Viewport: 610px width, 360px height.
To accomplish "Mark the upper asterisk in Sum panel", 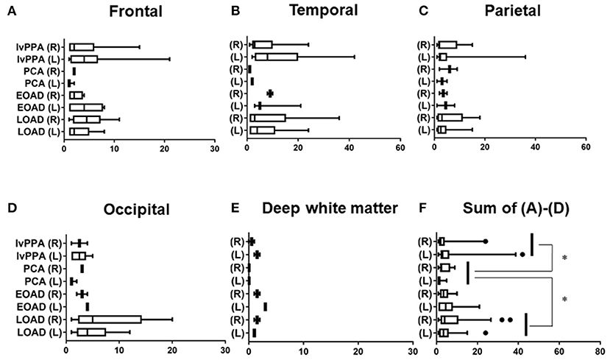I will (564, 258).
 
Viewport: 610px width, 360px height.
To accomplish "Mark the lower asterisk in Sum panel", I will (564, 300).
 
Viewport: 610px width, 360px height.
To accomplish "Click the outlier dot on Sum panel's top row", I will (486, 241).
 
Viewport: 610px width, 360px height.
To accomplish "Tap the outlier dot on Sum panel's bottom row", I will (486, 333).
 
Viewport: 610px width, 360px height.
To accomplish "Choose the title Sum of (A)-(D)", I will (519, 208).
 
